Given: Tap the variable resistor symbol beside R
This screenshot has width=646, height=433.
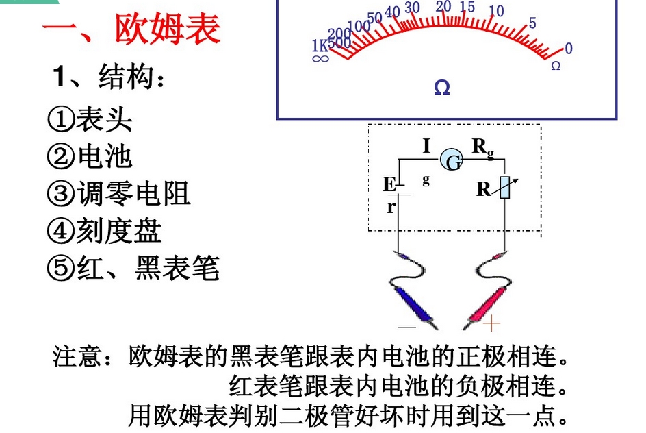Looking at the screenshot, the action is pos(505,188).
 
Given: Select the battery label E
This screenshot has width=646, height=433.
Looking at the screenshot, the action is pos(389,184).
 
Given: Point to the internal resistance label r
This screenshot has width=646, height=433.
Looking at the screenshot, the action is pos(391,206).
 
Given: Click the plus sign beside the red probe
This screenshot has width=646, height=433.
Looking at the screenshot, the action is pos(491,323).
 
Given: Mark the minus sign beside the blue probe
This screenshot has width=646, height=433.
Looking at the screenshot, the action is pos(407,327).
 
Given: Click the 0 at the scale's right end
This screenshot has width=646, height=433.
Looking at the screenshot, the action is pos(569,48).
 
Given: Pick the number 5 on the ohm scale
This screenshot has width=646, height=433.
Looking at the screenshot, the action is pos(532,23).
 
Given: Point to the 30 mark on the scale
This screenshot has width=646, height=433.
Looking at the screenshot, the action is pos(412,8).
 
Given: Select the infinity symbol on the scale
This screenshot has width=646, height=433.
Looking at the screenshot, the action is pos(320,58).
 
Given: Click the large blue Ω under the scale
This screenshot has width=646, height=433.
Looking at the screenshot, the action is pos(441,88).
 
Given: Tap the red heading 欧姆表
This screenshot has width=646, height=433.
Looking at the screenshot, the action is pos(167,29).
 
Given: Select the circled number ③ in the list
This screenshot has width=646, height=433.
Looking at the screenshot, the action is pos(60,194).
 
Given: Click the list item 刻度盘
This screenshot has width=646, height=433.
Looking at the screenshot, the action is pos(118,231).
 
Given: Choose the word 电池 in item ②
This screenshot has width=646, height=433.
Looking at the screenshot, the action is pos(105,157).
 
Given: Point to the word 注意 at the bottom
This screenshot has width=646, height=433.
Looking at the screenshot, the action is pos(77,356).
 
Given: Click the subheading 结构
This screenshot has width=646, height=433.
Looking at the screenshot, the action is pos(126,77).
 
